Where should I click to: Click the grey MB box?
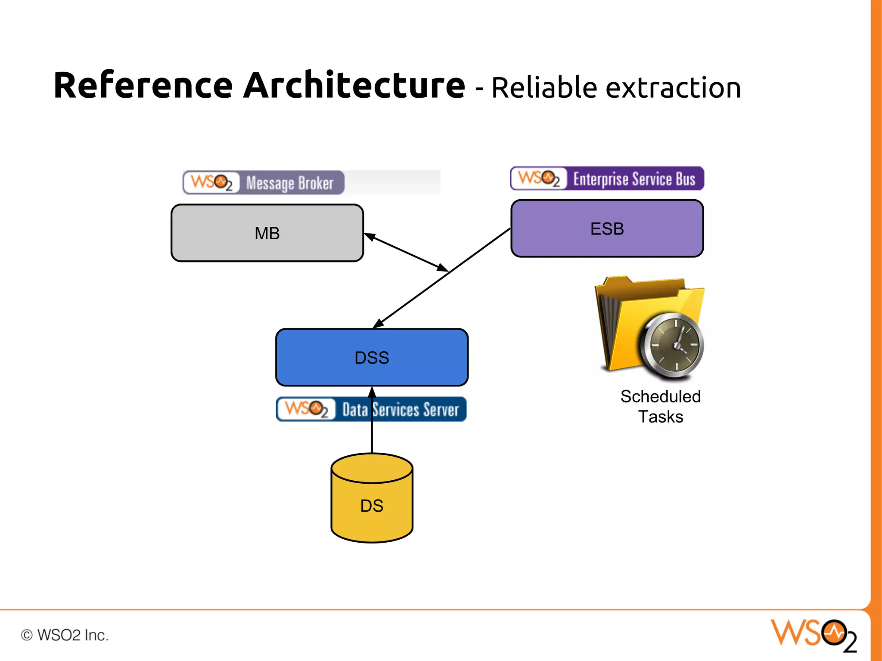[x=267, y=233]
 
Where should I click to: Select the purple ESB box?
[x=607, y=229]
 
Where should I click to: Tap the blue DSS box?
[x=372, y=357]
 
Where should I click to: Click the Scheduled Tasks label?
[x=660, y=406]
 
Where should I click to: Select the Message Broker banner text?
[x=290, y=183]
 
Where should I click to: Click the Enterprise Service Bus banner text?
[x=634, y=179]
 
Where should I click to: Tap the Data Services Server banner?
[x=401, y=409]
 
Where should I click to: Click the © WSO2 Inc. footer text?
[x=65, y=635]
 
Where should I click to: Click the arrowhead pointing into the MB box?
[x=370, y=236]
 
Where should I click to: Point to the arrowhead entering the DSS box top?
[x=378, y=324]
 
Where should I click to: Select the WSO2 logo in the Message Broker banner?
[x=211, y=182]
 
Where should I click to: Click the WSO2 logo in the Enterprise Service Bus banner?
[x=539, y=178]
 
